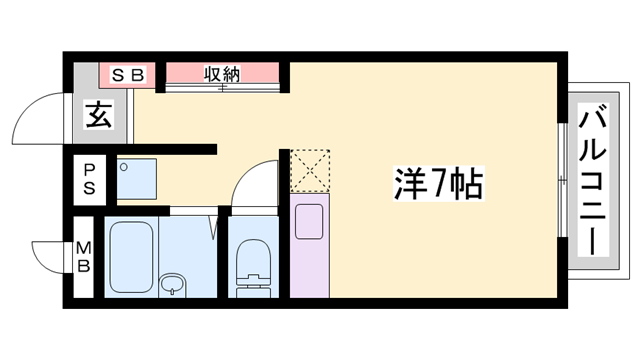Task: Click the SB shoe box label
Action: click(129, 73)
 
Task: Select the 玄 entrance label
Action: click(97, 115)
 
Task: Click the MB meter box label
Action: click(86, 257)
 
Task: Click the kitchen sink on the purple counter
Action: click(308, 219)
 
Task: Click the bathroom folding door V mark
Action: click(214, 225)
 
